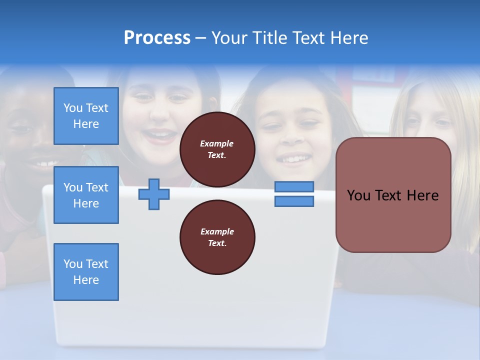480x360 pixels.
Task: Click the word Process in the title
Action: pos(157,38)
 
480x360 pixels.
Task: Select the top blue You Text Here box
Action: pos(86,116)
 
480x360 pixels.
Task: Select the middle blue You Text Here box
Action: pos(86,195)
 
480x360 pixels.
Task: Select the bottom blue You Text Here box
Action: pos(86,272)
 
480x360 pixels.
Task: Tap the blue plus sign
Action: pos(153,194)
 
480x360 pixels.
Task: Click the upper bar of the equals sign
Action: pos(294,186)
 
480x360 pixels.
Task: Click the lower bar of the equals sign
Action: pos(294,201)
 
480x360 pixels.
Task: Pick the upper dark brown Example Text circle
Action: pos(217,149)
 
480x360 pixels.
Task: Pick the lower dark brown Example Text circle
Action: pos(217,237)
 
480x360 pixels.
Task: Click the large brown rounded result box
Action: pos(393,194)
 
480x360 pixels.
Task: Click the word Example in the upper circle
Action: pos(217,143)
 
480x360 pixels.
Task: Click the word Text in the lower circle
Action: pos(217,243)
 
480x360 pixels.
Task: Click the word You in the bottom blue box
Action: pos(73,264)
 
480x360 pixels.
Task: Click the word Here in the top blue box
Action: pos(86,124)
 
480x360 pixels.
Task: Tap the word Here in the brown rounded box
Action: pos(422,195)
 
